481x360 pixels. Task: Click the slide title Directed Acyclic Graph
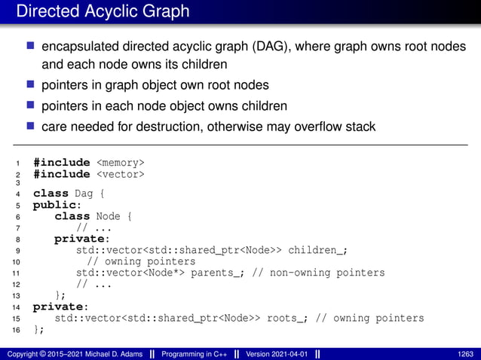point(103,12)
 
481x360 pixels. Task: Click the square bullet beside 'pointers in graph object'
point(31,85)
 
